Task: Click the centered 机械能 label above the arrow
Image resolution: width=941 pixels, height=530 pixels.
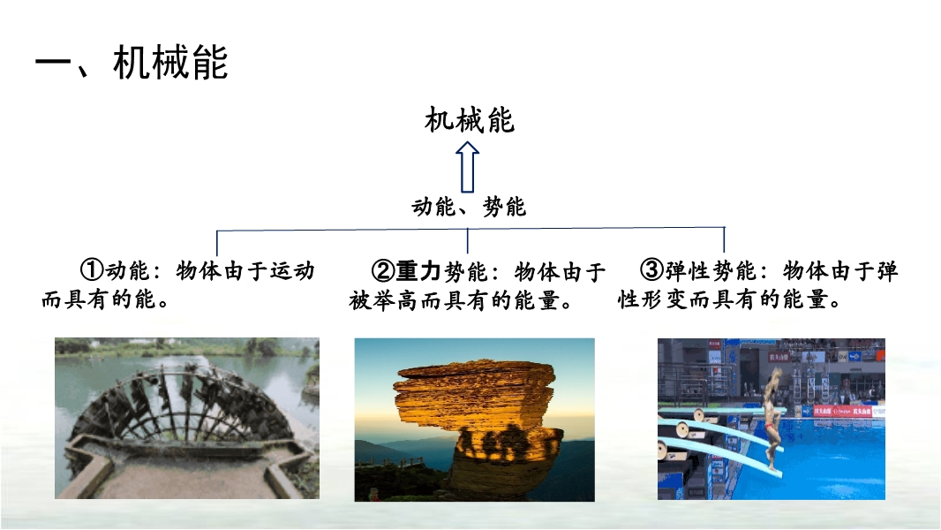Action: pos(470,120)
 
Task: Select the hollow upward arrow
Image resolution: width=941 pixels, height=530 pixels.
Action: pos(468,167)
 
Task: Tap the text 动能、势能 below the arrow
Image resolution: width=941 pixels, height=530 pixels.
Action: pos(469,207)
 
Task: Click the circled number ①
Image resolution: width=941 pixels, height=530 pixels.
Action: pos(92,270)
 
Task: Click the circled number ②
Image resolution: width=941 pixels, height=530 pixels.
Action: pos(383,271)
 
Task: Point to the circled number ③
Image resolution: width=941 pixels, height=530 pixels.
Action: pos(651,270)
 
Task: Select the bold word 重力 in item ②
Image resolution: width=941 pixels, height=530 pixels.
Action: pos(418,271)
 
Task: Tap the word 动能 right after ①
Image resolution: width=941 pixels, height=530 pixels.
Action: pos(127,270)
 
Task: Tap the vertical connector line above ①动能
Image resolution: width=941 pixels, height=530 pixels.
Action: pos(216,243)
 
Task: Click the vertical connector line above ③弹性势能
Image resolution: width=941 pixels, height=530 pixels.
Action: pos(725,239)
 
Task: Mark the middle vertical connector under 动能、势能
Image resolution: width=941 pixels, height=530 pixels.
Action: pos(468,240)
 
